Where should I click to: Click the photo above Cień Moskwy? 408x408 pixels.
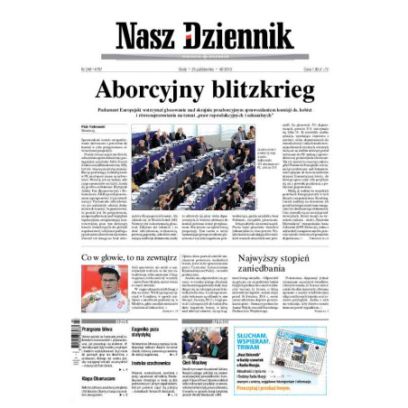[204, 338]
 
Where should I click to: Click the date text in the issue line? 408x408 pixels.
[190, 69]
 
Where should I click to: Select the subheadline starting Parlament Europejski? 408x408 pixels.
[203, 111]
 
